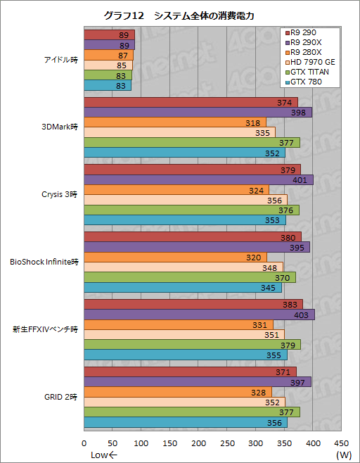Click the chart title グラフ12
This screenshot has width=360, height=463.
coord(179,15)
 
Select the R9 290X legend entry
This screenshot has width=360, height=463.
coord(309,42)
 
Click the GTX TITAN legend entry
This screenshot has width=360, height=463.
coord(311,72)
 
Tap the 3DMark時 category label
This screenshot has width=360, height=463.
coord(62,127)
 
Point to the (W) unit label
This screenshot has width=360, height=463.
coord(343,455)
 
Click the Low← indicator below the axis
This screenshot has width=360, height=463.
coord(104,455)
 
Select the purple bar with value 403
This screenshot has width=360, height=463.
coord(199,315)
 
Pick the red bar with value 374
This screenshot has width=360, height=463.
coord(191,103)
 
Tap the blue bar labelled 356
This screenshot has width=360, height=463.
coord(186,423)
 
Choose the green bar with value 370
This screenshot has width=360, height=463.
coord(190,277)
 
